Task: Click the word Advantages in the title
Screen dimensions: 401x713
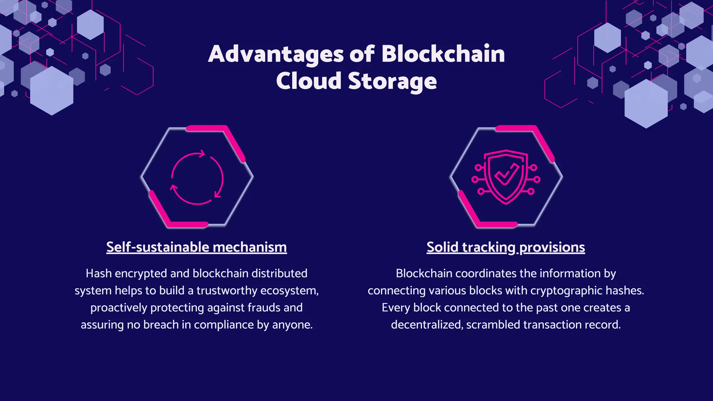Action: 276,54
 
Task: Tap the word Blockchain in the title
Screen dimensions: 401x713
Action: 442,54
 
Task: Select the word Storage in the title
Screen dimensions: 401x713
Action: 392,81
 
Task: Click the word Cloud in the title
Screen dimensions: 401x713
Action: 308,81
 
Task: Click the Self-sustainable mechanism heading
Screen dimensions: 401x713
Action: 196,247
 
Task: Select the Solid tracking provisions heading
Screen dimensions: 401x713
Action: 506,247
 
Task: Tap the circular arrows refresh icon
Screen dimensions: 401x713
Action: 197,178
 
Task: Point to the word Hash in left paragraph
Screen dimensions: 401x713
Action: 99,274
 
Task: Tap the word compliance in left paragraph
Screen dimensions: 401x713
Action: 224,325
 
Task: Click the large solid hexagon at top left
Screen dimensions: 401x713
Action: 52,91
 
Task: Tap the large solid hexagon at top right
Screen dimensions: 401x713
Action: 646,104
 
